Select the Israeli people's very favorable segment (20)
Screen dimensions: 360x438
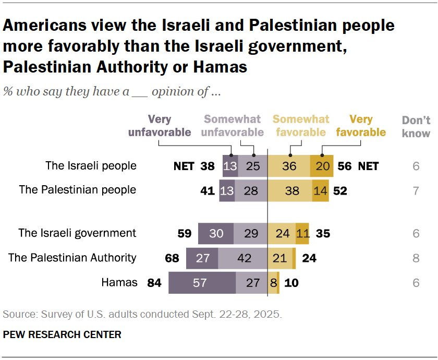click(322, 166)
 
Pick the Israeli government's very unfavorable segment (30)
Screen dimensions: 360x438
click(216, 233)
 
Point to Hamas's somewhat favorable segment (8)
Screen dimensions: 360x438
click(272, 283)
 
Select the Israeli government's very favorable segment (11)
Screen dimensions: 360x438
click(302, 233)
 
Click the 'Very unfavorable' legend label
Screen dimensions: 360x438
click(160, 126)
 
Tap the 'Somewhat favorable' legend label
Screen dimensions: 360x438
click(300, 126)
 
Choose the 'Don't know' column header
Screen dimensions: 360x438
click(416, 127)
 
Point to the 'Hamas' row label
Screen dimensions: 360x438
click(120, 283)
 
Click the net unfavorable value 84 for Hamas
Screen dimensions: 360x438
click(154, 283)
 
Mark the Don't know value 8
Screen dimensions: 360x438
click(416, 258)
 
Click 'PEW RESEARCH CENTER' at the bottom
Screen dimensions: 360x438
click(62, 334)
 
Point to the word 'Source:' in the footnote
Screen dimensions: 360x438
click(18, 315)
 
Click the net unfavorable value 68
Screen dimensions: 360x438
click(172, 258)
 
